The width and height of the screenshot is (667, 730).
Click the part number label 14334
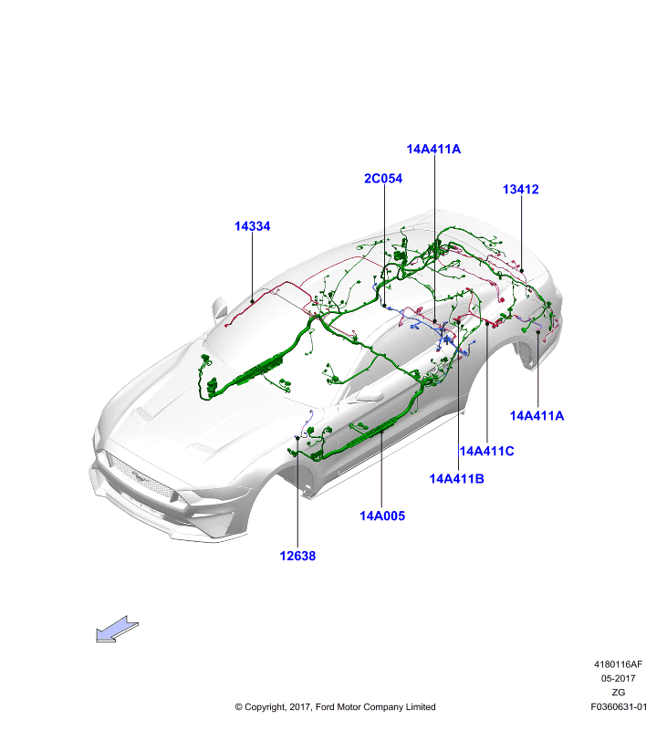click(x=252, y=226)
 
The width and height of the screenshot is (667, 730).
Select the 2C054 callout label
click(x=383, y=178)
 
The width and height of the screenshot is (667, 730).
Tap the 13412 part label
click(x=520, y=190)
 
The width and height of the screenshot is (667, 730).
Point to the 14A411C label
click(x=487, y=451)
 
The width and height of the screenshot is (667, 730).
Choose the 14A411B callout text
click(x=456, y=478)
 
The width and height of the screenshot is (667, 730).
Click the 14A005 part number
click(x=382, y=516)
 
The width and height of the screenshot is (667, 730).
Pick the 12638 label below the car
click(x=297, y=556)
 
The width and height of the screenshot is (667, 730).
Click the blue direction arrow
click(x=117, y=630)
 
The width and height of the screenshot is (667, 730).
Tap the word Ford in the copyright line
click(x=325, y=706)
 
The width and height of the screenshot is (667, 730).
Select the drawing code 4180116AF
click(x=618, y=664)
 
